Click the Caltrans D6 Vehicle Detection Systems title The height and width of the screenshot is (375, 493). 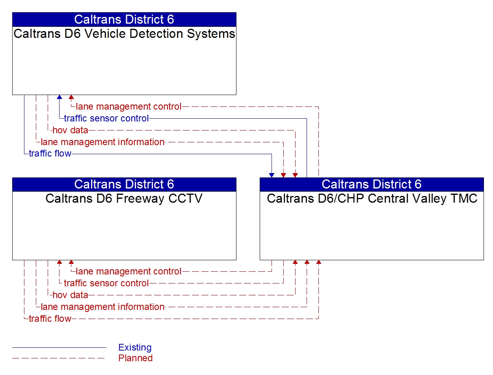click(124, 34)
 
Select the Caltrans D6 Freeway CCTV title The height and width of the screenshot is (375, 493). click(124, 198)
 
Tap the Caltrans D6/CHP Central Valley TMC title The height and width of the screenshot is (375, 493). click(372, 198)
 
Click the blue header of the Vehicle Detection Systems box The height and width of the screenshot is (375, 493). click(124, 19)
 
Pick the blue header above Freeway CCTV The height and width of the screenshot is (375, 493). click(124, 184)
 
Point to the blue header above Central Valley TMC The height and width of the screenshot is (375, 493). click(372, 184)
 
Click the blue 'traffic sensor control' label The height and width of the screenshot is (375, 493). click(106, 118)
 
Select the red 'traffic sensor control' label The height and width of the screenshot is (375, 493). click(106, 283)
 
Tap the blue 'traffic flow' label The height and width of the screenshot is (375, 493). click(50, 154)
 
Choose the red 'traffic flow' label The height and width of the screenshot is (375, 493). click(50, 319)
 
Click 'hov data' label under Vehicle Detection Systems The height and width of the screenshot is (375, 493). click(70, 130)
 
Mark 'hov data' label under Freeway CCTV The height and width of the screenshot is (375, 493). click(70, 295)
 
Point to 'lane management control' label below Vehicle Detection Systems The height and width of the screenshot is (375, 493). click(128, 106)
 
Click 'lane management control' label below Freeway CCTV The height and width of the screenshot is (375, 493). click(128, 271)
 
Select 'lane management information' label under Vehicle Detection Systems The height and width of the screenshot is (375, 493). click(102, 142)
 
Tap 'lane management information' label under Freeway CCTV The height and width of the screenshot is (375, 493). click(102, 307)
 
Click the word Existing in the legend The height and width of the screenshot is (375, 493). click(135, 347)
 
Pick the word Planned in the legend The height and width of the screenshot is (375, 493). click(136, 358)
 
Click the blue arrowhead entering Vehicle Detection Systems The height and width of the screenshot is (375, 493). click(60, 97)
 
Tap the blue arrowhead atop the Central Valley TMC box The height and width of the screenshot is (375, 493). click(272, 175)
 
